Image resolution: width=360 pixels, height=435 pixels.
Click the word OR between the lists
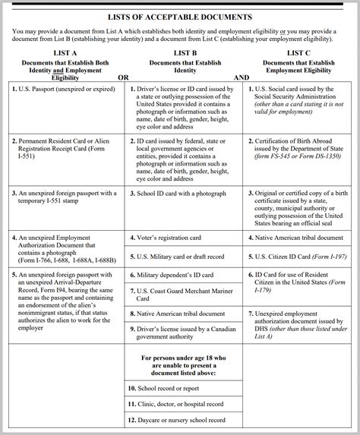pyautogui.click(x=123, y=77)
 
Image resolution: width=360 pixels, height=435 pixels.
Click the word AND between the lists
pyautogui.click(x=242, y=77)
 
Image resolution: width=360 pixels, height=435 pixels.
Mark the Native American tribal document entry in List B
pyautogui.click(x=182, y=312)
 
